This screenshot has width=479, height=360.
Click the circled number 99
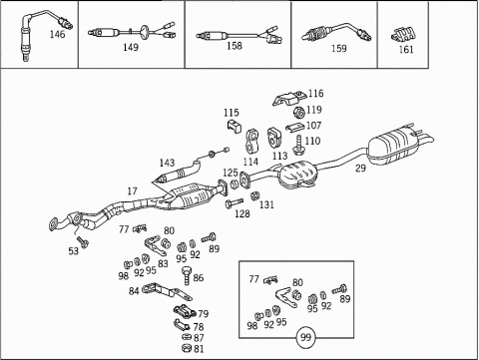click(305, 338)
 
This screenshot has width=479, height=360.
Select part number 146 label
click(57, 34)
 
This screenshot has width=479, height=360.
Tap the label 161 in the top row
click(406, 50)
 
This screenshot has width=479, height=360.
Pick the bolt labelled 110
click(297, 145)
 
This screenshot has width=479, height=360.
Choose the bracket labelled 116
click(289, 98)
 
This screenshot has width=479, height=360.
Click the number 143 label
click(167, 163)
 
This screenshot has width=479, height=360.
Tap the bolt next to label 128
click(235, 202)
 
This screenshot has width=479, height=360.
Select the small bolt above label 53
click(82, 241)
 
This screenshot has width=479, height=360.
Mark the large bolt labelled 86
click(188, 275)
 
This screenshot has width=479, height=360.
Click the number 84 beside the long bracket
click(134, 291)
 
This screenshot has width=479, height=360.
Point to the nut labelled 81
click(188, 348)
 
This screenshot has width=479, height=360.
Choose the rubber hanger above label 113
click(275, 138)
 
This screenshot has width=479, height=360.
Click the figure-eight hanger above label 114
click(252, 142)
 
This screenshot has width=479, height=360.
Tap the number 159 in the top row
click(338, 49)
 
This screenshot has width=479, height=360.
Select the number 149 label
click(131, 48)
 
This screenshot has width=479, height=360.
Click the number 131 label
click(266, 204)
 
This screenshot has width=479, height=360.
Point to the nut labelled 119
click(299, 113)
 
